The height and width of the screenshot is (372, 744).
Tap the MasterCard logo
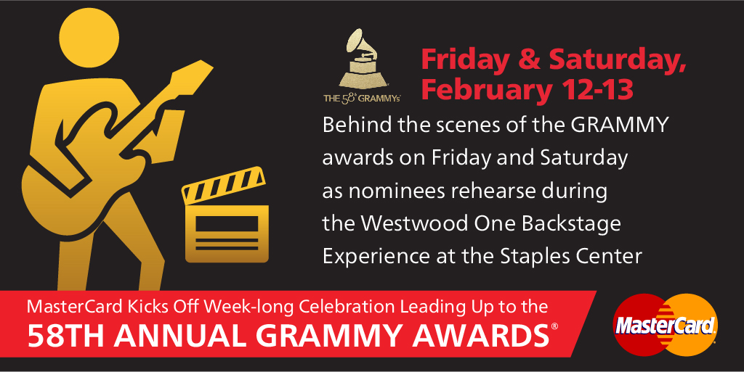tap(665, 325)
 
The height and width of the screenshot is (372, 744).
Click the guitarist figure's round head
tap(89, 38)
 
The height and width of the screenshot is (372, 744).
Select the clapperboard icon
tap(225, 215)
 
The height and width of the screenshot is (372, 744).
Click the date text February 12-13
tap(527, 89)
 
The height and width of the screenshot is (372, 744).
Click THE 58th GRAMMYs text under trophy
tap(362, 99)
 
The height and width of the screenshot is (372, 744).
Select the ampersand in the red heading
tap(529, 60)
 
